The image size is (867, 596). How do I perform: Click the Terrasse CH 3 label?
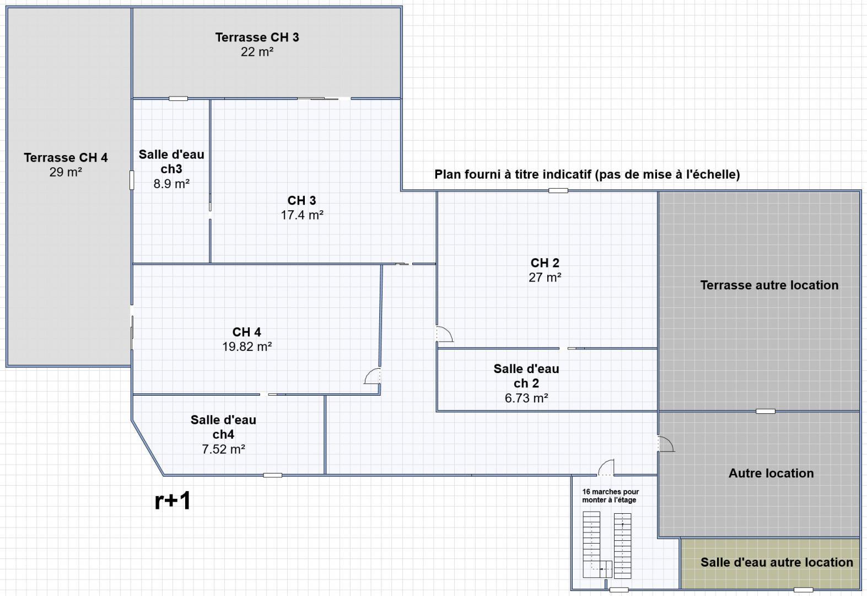(257, 37)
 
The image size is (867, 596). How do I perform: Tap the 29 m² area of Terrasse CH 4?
(66, 172)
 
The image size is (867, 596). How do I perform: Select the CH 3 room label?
(301, 200)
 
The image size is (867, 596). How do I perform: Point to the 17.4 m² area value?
(302, 215)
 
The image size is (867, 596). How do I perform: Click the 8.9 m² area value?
(171, 184)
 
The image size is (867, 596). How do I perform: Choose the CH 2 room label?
(545, 263)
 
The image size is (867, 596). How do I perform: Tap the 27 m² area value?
(545, 278)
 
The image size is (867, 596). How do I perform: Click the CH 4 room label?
(246, 332)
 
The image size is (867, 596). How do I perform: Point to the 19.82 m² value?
(247, 347)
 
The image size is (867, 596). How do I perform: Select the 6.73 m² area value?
(526, 398)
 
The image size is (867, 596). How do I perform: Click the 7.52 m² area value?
(223, 449)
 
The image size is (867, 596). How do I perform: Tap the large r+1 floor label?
(173, 501)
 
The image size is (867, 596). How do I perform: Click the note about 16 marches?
(610, 496)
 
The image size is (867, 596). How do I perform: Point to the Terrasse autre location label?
(769, 285)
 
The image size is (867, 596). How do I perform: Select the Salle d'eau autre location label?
(777, 562)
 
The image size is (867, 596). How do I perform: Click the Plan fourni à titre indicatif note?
(587, 174)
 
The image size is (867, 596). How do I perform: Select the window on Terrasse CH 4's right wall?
(132, 180)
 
